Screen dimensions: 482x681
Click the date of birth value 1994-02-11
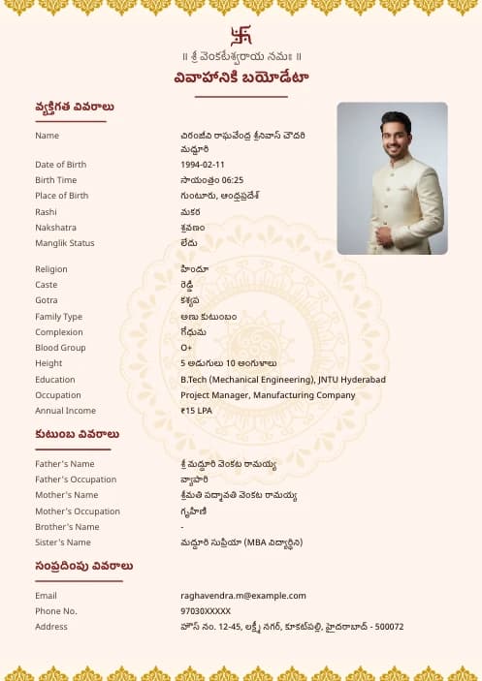click(x=202, y=165)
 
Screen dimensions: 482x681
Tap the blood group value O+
click(x=186, y=348)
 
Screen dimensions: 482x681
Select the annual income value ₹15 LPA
click(x=196, y=411)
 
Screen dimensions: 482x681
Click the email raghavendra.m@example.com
click(x=242, y=596)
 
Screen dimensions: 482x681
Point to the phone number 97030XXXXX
click(x=206, y=611)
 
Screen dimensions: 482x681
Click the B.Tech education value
click(x=282, y=380)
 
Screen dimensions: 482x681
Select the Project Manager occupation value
click(x=268, y=395)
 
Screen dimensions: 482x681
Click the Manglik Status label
click(x=65, y=243)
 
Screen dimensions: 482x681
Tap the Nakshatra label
click(x=55, y=228)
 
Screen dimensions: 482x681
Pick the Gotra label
click(x=47, y=300)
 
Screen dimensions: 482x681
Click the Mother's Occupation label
click(x=78, y=511)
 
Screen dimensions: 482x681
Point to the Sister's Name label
click(x=63, y=542)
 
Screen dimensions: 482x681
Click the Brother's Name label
click(x=67, y=527)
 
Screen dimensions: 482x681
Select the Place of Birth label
click(x=61, y=196)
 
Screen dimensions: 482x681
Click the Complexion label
click(x=58, y=332)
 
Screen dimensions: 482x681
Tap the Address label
click(x=51, y=627)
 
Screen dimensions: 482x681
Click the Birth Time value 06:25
click(x=211, y=180)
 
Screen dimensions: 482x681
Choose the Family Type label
click(x=58, y=317)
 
